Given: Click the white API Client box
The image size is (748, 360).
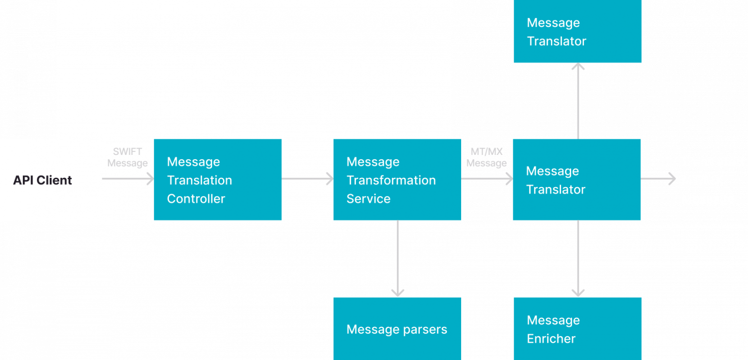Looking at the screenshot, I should [x=51, y=180].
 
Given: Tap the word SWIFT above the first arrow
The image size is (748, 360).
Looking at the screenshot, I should [x=127, y=152].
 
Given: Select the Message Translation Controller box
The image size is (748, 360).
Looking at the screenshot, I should [x=218, y=180].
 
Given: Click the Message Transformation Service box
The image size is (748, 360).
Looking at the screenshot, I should [x=397, y=180].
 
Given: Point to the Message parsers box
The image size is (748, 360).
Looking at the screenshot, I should [x=397, y=329].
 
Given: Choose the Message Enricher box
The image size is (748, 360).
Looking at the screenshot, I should [x=578, y=329].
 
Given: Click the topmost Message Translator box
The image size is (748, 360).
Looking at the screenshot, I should [x=578, y=32].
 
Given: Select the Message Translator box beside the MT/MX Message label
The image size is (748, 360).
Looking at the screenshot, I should [x=577, y=180].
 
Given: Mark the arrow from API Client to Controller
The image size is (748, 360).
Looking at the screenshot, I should [x=128, y=179].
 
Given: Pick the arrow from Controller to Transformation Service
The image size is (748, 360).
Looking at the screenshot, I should [x=307, y=179].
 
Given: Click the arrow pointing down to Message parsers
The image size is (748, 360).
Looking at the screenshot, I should [x=398, y=258].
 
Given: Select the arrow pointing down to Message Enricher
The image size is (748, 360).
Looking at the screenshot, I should [x=578, y=258].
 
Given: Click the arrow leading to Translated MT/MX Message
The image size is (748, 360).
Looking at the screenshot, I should [x=658, y=179].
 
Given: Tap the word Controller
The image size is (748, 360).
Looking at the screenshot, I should [x=196, y=199].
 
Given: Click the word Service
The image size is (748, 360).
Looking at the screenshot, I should [x=368, y=199].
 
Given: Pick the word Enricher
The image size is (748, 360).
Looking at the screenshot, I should [x=551, y=339].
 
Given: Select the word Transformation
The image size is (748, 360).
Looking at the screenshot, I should [x=391, y=180].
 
